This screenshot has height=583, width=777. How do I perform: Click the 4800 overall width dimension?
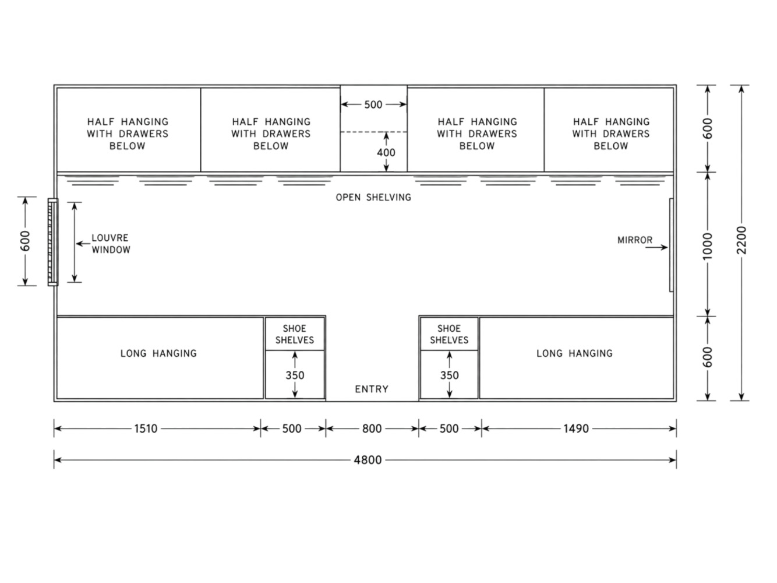click(368, 460)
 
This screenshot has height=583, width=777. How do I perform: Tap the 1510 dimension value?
click(146, 429)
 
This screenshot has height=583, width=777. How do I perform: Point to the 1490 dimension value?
click(576, 429)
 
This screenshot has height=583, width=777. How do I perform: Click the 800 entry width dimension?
click(372, 429)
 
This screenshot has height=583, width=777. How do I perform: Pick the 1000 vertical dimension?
click(707, 246)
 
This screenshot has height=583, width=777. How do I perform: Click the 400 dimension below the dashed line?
click(386, 153)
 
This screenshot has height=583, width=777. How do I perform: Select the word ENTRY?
click(372, 389)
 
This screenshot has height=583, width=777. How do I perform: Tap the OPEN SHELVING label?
click(373, 197)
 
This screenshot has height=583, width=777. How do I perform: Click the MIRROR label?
click(635, 240)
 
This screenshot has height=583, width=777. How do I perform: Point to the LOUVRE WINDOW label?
click(111, 244)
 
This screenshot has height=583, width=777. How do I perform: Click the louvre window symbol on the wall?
click(53, 242)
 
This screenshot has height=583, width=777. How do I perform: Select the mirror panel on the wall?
click(671, 245)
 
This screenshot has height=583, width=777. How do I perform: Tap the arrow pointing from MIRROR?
click(656, 248)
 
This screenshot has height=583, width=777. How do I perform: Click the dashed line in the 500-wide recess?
click(373, 132)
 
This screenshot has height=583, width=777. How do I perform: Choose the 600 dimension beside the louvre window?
click(25, 241)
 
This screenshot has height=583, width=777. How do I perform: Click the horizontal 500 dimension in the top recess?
click(373, 104)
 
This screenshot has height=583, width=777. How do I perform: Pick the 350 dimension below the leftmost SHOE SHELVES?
click(295, 375)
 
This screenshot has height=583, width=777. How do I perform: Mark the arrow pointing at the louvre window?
click(83, 244)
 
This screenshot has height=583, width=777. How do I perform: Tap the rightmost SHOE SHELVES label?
click(449, 335)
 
